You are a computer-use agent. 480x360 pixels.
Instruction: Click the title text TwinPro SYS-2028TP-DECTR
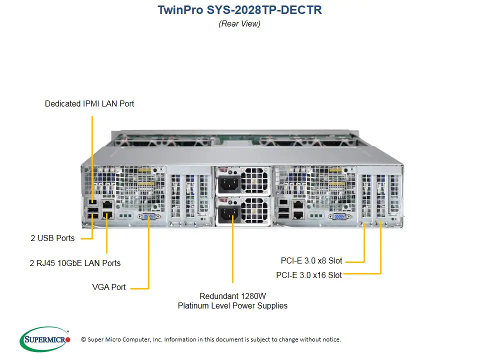(239, 10)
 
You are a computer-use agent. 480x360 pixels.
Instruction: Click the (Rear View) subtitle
(239, 23)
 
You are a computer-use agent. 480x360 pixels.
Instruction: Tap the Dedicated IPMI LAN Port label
(89, 104)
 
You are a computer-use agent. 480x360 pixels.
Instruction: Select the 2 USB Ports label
(52, 238)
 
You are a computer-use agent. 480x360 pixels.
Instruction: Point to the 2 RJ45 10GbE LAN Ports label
(75, 263)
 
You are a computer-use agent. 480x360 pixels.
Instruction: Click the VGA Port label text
(109, 287)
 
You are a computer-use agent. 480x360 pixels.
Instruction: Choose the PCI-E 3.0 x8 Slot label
(311, 260)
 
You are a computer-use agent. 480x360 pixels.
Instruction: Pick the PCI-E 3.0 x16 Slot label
(309, 275)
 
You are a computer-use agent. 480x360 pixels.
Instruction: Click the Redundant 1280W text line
(232, 295)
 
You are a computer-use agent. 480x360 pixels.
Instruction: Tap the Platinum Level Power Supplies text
(232, 305)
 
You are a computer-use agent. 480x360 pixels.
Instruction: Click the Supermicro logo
(45, 339)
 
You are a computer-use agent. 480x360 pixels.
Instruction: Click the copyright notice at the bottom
(210, 339)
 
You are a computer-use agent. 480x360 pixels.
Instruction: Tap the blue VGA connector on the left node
(148, 216)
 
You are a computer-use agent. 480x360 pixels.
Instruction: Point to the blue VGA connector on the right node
(338, 216)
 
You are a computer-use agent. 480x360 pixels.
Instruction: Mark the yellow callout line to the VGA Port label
(149, 255)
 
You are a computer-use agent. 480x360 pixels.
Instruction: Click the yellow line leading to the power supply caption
(232, 255)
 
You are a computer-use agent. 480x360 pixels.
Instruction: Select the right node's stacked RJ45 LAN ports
(298, 209)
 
